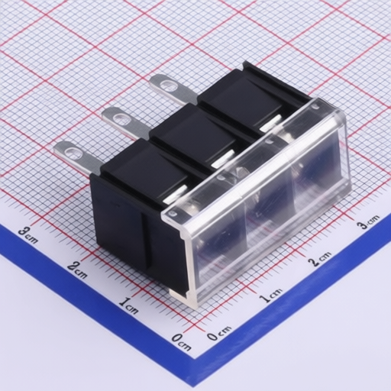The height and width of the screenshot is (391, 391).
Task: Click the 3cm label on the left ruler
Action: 28,234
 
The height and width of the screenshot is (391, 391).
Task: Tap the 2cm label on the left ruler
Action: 77,270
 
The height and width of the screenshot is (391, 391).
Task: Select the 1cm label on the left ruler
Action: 129,305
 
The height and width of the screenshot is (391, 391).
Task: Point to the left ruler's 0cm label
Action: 182,341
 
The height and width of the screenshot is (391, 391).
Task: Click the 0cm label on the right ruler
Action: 219,333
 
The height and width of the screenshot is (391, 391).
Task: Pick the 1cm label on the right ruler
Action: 270,296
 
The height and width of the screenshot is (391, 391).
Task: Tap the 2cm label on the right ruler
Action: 319,259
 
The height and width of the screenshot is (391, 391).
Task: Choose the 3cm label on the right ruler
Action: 367,222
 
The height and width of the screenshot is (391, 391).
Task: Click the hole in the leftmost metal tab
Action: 73,152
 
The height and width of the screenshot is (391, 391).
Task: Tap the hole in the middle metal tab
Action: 121,118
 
